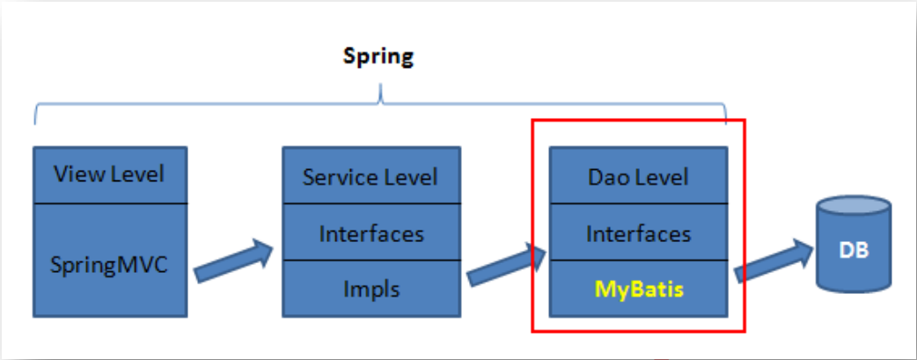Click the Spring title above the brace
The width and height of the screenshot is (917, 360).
[378, 58]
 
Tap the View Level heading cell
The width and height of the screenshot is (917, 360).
[109, 174]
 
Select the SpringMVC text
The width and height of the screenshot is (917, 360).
[109, 263]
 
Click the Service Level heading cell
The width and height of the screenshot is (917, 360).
[370, 177]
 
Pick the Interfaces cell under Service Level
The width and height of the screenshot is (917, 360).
[370, 234]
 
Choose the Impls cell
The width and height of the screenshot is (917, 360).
[370, 288]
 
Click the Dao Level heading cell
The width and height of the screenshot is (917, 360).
[638, 177]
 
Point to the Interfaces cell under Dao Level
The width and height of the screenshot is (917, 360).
[638, 234]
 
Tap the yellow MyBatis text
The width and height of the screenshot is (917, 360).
[638, 289]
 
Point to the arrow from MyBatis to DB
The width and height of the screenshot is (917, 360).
[772, 262]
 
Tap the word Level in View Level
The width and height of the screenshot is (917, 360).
[136, 174]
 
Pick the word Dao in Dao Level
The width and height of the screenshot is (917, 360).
[607, 177]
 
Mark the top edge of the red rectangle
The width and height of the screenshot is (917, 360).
[638, 120]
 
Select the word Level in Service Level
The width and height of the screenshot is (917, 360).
[409, 177]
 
